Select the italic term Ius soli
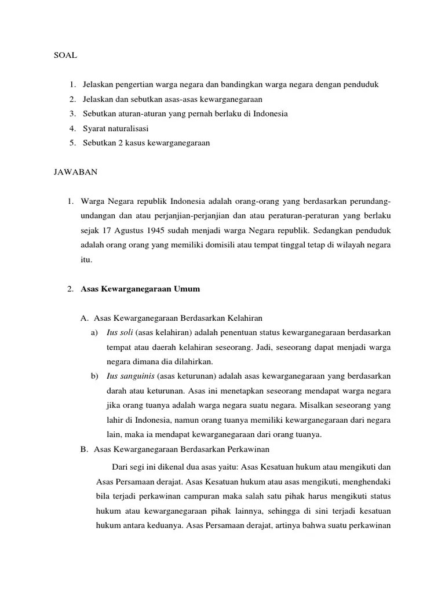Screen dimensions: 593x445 [119, 332]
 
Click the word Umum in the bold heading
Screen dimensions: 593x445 [187, 288]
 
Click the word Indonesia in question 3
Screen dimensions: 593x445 [268, 114]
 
